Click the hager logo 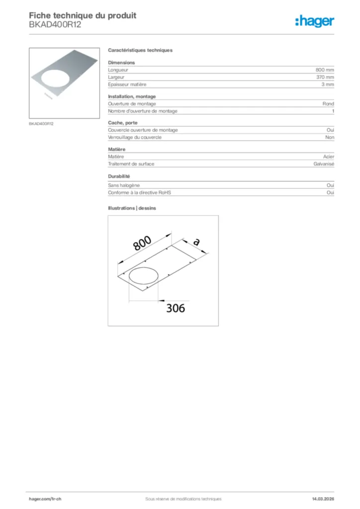coord(315,21)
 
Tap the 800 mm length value coord(325,70)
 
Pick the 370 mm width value coord(325,78)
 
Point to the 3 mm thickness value coord(328,85)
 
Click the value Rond coord(328,104)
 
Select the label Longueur coord(118,70)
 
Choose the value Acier coord(328,157)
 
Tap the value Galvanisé coord(324,164)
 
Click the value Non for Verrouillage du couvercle coord(330,137)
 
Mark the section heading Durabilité coord(119,176)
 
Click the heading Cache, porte coord(123,122)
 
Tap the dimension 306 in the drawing coord(175,308)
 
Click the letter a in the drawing coord(196,242)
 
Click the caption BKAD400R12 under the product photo coord(41,123)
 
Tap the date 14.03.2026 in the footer coord(319,499)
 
